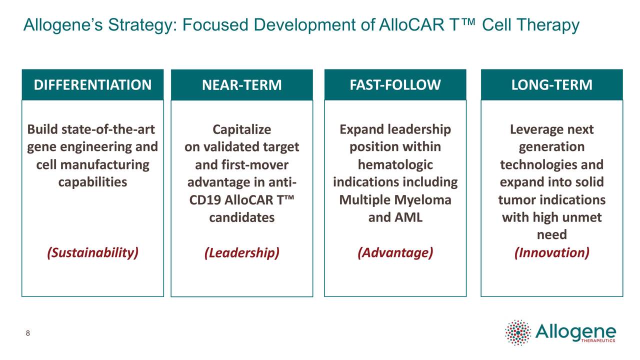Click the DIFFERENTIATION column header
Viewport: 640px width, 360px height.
[92, 85]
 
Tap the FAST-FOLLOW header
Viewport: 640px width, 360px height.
[395, 85]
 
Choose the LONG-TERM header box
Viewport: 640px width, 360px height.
[551, 85]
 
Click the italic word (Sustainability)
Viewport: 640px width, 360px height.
[92, 252]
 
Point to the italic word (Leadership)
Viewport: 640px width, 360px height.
[241, 253]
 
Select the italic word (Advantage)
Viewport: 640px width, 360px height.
[395, 252]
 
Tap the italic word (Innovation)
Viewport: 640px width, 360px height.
[551, 252]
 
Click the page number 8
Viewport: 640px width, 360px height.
[28, 333]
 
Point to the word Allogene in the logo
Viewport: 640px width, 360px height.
[575, 330]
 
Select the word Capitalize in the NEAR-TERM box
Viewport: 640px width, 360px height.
[241, 130]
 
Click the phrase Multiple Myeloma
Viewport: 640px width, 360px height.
[395, 200]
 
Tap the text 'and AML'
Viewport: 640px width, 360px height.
[395, 217]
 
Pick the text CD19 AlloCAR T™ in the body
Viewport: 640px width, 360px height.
[241, 200]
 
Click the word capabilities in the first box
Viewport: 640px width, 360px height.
[92, 182]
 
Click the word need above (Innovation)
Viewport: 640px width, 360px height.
[551, 235]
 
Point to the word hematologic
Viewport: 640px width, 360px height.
[395, 165]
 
